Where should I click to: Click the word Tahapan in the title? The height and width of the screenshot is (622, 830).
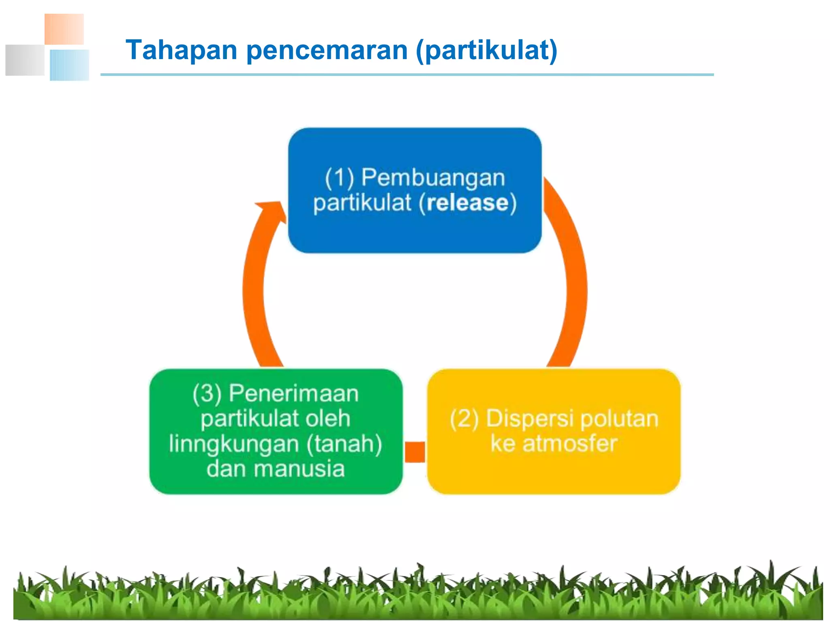point(181,50)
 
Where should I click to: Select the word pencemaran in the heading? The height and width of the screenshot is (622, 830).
point(327,51)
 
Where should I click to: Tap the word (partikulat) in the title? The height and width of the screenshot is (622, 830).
point(487,51)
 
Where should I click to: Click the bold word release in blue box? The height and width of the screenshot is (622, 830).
point(467,202)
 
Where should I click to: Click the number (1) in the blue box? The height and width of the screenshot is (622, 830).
point(340,178)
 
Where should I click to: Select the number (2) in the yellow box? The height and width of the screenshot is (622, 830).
point(464,419)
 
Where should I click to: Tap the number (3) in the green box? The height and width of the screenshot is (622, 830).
point(207,394)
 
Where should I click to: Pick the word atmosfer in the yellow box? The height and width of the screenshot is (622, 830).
point(570,443)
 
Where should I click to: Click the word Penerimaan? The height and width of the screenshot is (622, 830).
point(294,393)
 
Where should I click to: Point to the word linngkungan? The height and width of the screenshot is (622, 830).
point(234,444)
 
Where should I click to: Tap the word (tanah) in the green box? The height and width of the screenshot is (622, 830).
point(344,444)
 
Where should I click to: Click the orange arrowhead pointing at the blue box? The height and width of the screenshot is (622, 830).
point(272,210)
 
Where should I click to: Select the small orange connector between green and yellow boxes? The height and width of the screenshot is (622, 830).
point(415,452)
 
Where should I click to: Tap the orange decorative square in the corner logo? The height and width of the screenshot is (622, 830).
point(64,29)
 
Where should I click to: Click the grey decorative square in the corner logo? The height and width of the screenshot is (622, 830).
point(25,60)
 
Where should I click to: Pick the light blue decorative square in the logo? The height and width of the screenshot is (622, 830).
point(69,65)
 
